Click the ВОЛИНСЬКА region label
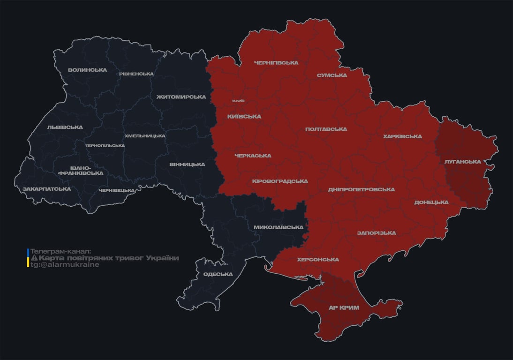tap(87, 70)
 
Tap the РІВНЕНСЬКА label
tap(136, 74)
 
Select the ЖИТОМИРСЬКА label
tap(181, 97)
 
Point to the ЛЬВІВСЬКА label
tap(65, 127)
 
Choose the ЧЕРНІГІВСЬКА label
tap(276, 63)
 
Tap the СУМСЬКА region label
tap(332, 75)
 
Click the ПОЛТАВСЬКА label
tap(326, 129)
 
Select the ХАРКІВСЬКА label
tap(402, 137)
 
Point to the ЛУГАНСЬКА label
tap(463, 162)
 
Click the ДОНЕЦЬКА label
tap(431, 202)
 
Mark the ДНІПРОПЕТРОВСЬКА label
tap(361, 190)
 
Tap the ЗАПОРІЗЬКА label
tap(376, 233)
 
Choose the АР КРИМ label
tap(344, 308)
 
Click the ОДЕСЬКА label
tap(218, 274)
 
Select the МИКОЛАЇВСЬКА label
tap(278, 227)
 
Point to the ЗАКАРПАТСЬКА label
tap(46, 189)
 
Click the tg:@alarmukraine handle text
tap(65, 265)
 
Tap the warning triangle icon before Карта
tap(34, 258)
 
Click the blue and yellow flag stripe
tap(28, 258)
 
